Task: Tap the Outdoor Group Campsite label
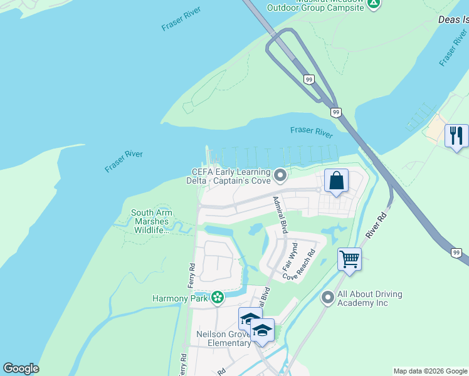pos(315,8)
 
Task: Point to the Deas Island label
pos(453,20)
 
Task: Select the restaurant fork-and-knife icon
pos(456,135)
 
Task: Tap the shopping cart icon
pos(349,258)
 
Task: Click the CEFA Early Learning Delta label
pos(231,177)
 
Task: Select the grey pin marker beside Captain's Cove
pos(280,175)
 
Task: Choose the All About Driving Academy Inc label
pos(370,298)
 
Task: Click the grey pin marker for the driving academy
pos(327,298)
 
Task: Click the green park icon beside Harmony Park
pos(217,298)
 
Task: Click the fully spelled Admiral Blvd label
pos(280,215)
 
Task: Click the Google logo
pos(21,368)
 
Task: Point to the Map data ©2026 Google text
pos(430,371)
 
